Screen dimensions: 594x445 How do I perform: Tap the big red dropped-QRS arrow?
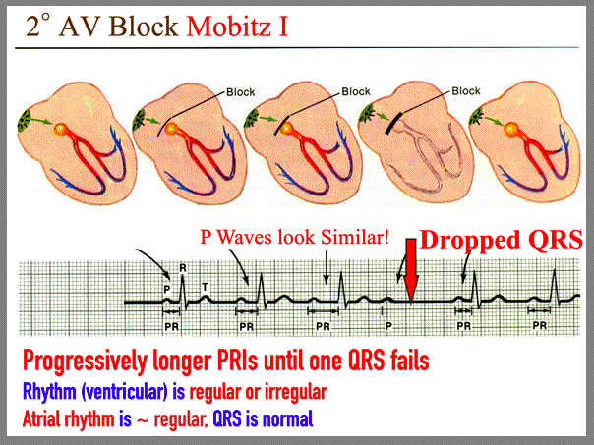[411, 269]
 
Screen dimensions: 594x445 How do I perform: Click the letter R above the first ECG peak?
[183, 268]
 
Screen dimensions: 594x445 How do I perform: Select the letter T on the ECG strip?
[205, 287]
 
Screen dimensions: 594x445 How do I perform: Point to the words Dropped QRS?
[502, 240]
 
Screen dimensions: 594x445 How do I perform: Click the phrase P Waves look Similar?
[294, 238]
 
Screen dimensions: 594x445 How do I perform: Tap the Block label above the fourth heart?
[465, 91]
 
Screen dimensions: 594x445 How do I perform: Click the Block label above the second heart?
[241, 92]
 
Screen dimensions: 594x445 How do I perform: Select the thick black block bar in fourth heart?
[393, 123]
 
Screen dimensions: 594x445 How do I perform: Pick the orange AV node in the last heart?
[511, 130]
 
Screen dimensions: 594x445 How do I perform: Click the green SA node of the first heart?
[25, 120]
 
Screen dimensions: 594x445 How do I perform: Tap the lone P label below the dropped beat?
[388, 326]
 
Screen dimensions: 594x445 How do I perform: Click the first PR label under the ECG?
[171, 326]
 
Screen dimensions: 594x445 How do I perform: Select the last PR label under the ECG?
[540, 325]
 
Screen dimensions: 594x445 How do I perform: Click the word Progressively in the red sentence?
[85, 361]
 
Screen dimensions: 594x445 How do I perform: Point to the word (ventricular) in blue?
[124, 392]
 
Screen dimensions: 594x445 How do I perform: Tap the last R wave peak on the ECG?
[555, 269]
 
